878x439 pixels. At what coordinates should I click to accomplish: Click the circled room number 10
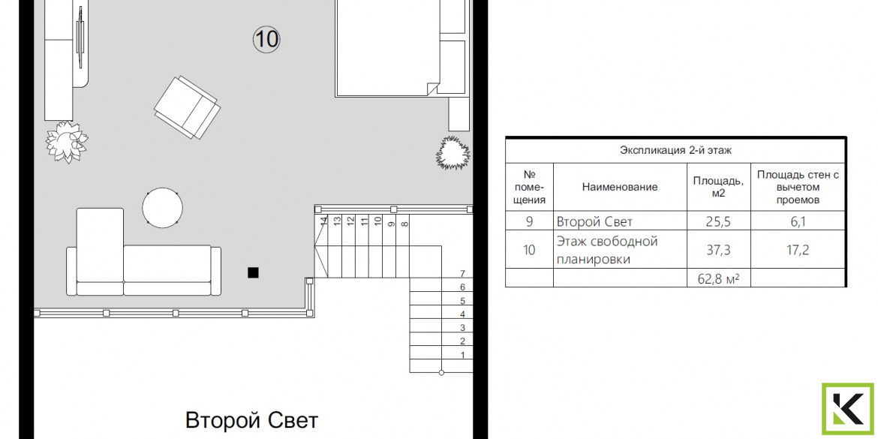(266, 39)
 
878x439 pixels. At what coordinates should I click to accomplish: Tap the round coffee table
(162, 207)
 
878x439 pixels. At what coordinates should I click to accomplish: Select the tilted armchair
(187, 107)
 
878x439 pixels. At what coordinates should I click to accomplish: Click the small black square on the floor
(253, 272)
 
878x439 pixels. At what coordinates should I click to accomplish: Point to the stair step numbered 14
(323, 221)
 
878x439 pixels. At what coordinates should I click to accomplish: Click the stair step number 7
(462, 274)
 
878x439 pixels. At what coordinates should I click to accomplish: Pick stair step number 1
(462, 355)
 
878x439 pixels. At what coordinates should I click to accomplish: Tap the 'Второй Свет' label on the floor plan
(251, 419)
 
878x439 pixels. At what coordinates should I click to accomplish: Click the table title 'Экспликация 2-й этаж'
(675, 150)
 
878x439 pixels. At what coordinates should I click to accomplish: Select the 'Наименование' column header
(620, 187)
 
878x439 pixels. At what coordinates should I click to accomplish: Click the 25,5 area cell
(718, 221)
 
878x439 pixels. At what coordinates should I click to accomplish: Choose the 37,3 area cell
(718, 250)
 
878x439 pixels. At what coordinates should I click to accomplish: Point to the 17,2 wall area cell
(798, 250)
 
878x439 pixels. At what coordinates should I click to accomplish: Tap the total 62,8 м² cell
(718, 278)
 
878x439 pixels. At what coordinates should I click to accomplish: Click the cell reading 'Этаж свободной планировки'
(607, 251)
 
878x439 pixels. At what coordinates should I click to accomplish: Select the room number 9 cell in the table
(529, 221)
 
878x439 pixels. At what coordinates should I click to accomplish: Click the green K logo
(848, 409)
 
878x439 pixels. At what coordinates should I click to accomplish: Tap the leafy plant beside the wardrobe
(67, 142)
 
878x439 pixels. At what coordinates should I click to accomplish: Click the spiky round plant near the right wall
(453, 152)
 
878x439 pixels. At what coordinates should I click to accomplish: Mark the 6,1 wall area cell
(798, 221)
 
